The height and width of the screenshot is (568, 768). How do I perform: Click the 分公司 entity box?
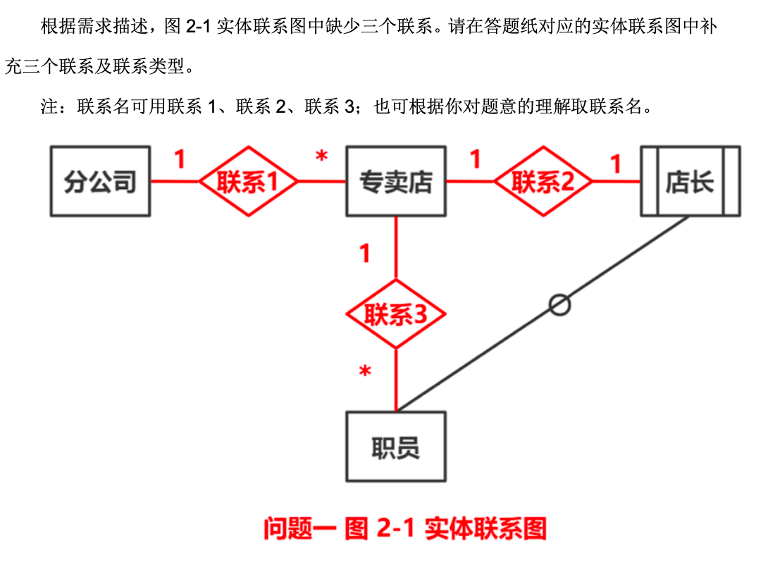[100, 181]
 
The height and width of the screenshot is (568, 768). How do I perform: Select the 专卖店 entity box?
[395, 181]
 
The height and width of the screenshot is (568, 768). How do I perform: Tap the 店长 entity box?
[690, 181]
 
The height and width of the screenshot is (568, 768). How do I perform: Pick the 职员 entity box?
[395, 447]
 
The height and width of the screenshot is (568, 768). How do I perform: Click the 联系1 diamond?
[248, 182]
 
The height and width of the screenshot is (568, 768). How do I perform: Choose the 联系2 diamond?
[543, 182]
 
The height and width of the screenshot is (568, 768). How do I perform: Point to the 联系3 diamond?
[395, 314]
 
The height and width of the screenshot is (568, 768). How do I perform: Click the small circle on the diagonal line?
[559, 304]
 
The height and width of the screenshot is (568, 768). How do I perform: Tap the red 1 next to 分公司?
[180, 159]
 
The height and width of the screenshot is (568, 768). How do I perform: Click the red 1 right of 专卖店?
[476, 159]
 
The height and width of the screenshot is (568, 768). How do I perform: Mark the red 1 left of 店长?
[616, 163]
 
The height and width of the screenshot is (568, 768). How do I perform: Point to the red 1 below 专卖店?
[364, 253]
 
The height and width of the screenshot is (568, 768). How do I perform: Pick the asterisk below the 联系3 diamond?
[365, 372]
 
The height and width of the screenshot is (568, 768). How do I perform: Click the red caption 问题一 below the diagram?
[298, 528]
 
